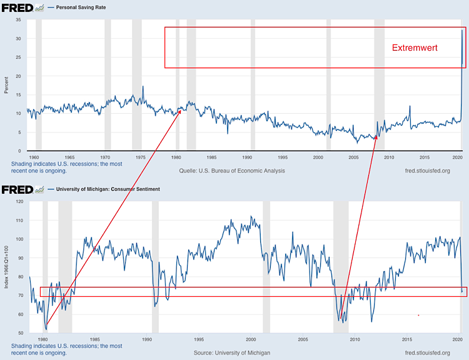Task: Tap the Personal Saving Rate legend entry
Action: pos(83,7)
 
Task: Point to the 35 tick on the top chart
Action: pos(19,20)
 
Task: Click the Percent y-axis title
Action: pos(6,85)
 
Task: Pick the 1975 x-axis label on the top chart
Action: pos(141,157)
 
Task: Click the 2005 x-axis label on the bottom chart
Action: pos(303,339)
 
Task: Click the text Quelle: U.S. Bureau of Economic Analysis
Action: pos(231,171)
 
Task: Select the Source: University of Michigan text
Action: pos(231,353)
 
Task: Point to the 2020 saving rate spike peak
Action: pos(462,31)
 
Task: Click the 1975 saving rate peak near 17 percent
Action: pos(143,86)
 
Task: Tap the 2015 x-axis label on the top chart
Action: pos(424,157)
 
